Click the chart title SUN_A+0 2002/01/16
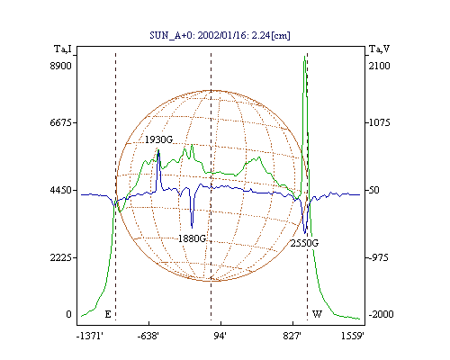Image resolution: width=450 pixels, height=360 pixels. click(220, 35)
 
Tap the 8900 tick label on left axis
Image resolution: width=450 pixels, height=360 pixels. click(60, 66)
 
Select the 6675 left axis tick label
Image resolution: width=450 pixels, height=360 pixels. click(60, 122)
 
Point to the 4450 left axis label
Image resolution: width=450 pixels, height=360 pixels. click(60, 190)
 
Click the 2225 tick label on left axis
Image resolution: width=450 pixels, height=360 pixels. click(60, 257)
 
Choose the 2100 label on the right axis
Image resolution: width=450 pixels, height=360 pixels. click(380, 66)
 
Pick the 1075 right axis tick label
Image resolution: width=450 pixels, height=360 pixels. click(380, 122)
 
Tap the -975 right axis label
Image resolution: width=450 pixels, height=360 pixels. click(379, 257)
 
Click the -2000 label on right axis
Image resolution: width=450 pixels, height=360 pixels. click(381, 314)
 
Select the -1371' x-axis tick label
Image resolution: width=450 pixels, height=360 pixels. click(90, 336)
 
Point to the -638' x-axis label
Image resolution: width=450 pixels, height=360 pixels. click(148, 336)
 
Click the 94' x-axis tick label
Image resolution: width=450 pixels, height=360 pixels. click(220, 336)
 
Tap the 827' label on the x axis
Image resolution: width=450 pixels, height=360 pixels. click(292, 336)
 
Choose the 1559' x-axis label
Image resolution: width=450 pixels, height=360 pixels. click(353, 336)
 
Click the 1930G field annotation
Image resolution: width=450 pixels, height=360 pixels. click(158, 139)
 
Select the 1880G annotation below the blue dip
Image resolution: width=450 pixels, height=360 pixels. click(192, 238)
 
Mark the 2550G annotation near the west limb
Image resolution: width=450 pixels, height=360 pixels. click(304, 243)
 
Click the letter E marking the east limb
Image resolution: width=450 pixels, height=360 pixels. click(108, 314)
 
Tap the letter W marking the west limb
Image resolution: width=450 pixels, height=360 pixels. click(317, 314)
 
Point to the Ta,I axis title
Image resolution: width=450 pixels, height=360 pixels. click(63, 49)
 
